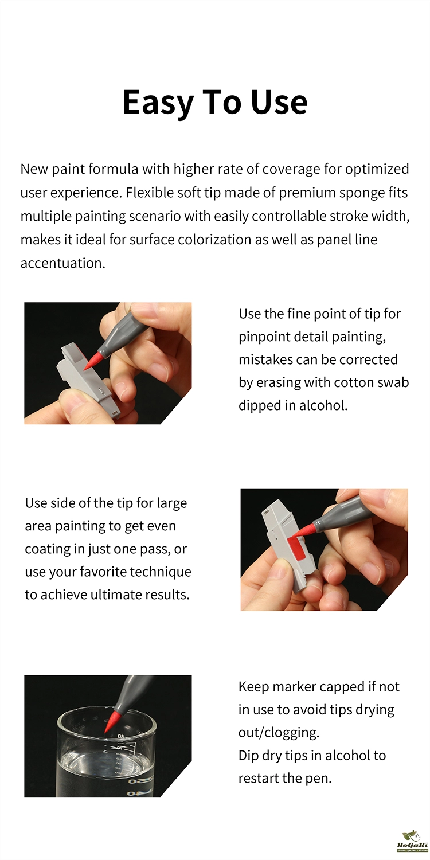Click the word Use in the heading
tap(279, 102)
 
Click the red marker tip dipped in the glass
tap(112, 721)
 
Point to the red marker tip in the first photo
tap(92, 361)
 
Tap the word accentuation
tap(62, 263)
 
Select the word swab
tap(393, 382)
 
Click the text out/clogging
tap(279, 733)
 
